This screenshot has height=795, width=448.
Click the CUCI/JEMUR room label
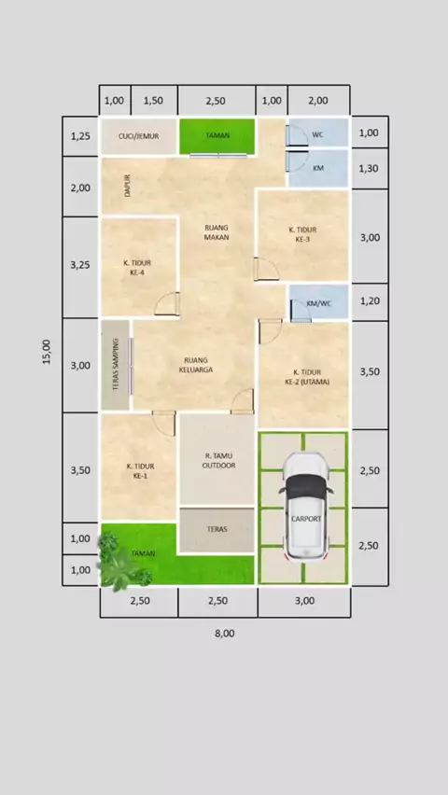(x=138, y=136)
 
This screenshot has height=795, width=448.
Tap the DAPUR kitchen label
(x=127, y=186)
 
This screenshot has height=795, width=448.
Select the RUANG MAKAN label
(x=217, y=232)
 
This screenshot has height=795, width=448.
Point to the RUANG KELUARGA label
(x=196, y=365)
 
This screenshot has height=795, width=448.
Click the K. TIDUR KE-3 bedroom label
(x=302, y=235)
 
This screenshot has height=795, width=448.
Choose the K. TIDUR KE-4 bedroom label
(x=137, y=268)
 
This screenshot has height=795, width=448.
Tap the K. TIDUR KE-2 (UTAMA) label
(x=307, y=377)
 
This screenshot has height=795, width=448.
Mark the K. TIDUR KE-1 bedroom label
(x=141, y=471)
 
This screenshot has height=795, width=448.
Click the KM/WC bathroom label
(x=318, y=303)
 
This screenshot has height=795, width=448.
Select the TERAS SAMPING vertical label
(x=115, y=364)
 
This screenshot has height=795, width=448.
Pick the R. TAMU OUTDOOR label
(x=218, y=461)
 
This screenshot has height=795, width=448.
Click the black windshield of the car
(x=305, y=487)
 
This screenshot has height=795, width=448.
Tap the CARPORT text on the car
(x=306, y=519)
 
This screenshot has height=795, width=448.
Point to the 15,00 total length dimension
(x=47, y=352)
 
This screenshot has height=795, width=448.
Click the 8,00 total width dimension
(x=224, y=634)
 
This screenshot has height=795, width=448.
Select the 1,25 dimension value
(x=80, y=136)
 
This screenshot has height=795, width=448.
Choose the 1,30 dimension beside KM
(x=369, y=168)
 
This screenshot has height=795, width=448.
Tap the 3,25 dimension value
(x=80, y=264)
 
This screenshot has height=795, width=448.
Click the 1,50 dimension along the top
(x=153, y=101)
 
